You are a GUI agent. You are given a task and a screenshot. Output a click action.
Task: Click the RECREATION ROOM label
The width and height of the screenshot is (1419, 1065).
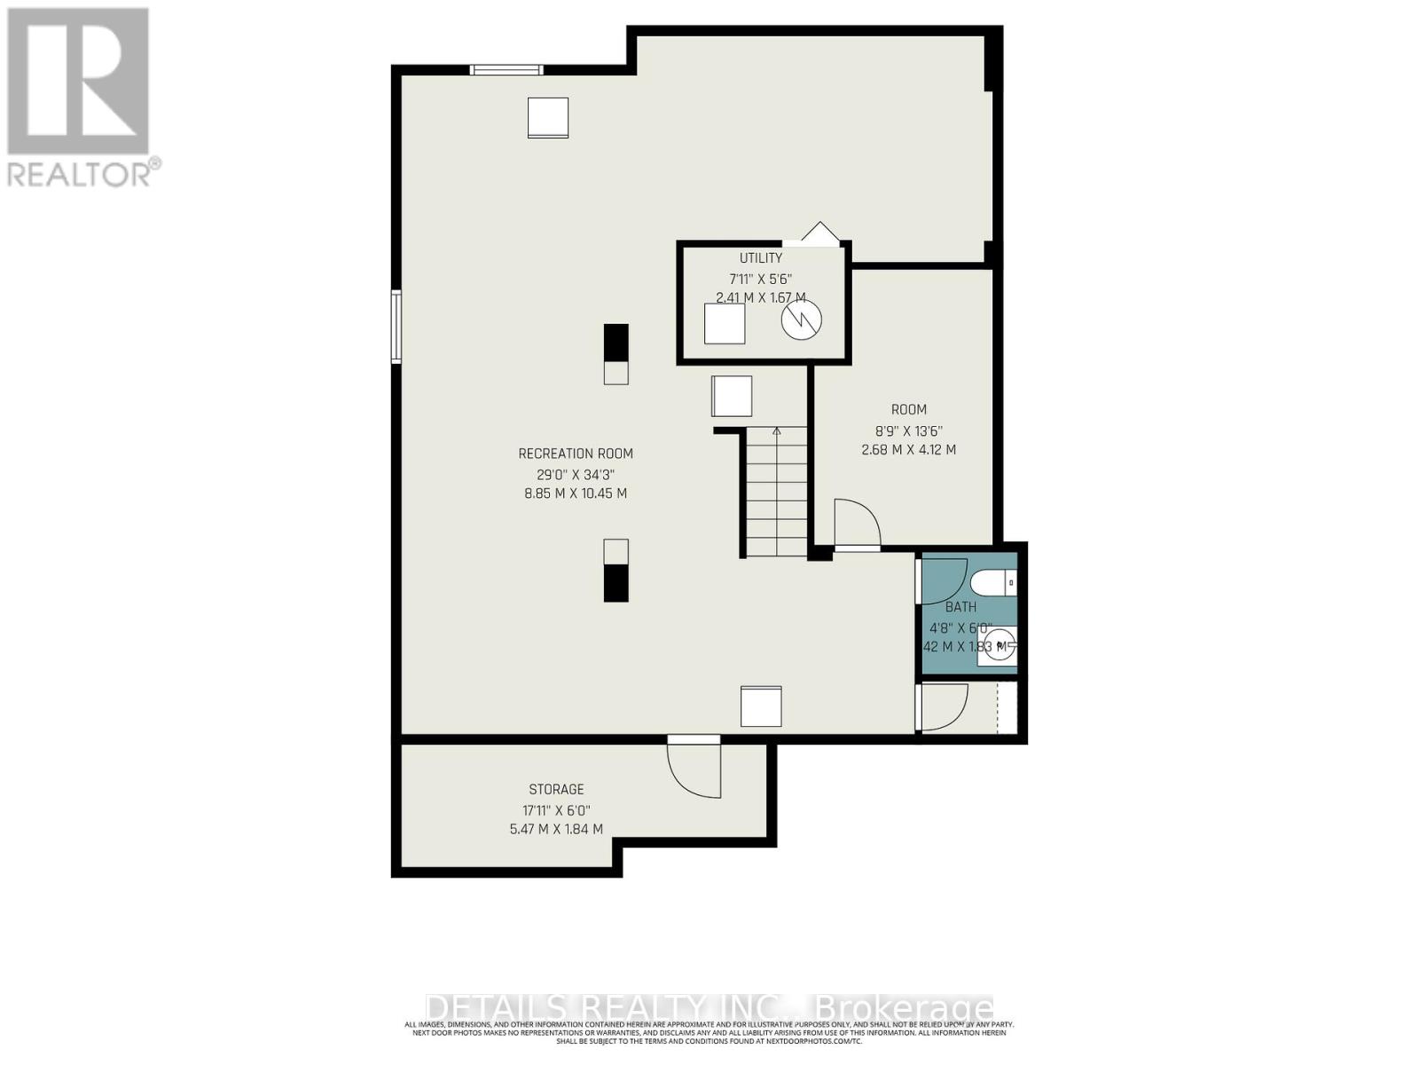click(x=576, y=454)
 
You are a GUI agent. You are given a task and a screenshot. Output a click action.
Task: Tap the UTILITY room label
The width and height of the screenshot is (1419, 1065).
click(x=761, y=258)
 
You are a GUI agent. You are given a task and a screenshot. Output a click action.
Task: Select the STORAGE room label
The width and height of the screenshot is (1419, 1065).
click(x=556, y=789)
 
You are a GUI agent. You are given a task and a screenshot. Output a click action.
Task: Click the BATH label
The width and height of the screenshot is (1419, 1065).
click(x=960, y=607)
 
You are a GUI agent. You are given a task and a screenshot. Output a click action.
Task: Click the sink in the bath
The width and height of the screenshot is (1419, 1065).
click(x=997, y=646)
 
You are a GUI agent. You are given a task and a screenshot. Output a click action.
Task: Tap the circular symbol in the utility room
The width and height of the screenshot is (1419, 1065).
click(x=801, y=320)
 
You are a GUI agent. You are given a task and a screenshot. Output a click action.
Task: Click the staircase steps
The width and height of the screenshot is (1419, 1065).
click(x=776, y=493)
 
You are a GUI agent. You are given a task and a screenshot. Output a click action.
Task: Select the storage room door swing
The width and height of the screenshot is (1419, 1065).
click(x=694, y=770)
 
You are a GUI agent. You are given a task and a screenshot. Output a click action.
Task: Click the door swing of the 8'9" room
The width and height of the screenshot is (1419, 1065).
click(x=856, y=524)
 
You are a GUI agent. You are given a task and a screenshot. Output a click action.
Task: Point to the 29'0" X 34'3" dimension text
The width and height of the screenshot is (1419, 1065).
click(x=576, y=473)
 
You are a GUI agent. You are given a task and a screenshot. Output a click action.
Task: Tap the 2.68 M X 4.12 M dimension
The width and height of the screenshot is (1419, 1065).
click(x=908, y=449)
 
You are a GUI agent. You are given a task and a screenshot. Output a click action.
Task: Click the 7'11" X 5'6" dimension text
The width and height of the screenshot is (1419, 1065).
click(x=760, y=278)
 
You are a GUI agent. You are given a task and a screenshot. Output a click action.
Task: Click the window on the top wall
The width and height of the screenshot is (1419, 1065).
click(x=506, y=70)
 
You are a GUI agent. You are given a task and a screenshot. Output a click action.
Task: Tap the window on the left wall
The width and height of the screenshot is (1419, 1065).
click(x=396, y=327)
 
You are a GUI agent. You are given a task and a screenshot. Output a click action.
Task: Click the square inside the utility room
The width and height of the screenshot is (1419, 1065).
click(x=725, y=323)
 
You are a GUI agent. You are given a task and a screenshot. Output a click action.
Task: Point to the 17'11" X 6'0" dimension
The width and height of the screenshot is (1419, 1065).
click(x=556, y=809)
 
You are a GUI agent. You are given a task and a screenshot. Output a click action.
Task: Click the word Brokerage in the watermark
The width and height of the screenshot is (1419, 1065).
click(x=903, y=1009)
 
